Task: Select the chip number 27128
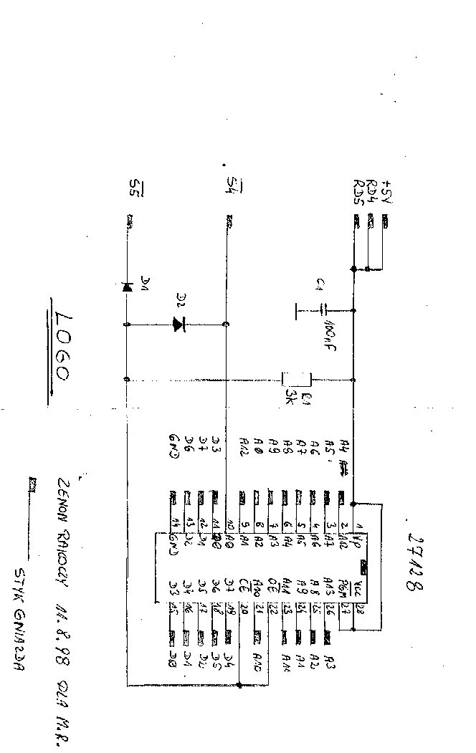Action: pos(414,562)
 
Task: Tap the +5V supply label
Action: pos(388,191)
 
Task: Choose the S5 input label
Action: pos(133,188)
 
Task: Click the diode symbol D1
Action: pos(127,287)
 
